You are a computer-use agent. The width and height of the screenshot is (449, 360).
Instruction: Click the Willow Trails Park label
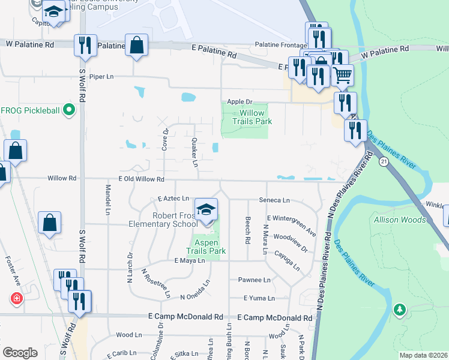(x=256, y=117)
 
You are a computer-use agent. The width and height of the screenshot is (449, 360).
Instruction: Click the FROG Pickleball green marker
(x=68, y=110)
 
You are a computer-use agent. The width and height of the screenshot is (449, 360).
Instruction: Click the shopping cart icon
(x=342, y=76)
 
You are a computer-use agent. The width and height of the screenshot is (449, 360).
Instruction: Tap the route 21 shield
(x=384, y=161)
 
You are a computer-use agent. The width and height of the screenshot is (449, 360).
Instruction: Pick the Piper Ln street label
(x=101, y=77)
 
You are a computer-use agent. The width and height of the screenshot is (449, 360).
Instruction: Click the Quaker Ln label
(x=194, y=152)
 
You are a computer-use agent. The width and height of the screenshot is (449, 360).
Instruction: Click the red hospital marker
(x=16, y=298)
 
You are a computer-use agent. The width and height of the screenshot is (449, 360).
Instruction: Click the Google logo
(x=20, y=352)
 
